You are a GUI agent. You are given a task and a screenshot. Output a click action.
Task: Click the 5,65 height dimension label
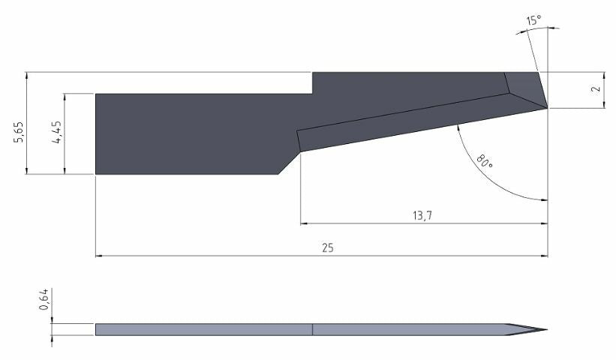[20, 133]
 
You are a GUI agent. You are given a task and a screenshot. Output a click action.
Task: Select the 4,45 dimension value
[57, 132]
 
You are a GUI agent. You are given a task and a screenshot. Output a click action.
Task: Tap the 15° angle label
[533, 20]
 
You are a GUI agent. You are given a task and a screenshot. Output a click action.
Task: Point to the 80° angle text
[485, 161]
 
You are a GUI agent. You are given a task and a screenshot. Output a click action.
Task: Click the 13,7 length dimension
[422, 215]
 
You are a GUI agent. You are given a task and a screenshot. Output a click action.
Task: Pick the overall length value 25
[328, 248]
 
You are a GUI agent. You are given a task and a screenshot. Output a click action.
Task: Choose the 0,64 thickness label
[44, 299]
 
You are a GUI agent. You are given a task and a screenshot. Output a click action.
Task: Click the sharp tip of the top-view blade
[548, 108]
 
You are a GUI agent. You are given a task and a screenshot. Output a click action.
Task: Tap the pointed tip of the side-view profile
[547, 330]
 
